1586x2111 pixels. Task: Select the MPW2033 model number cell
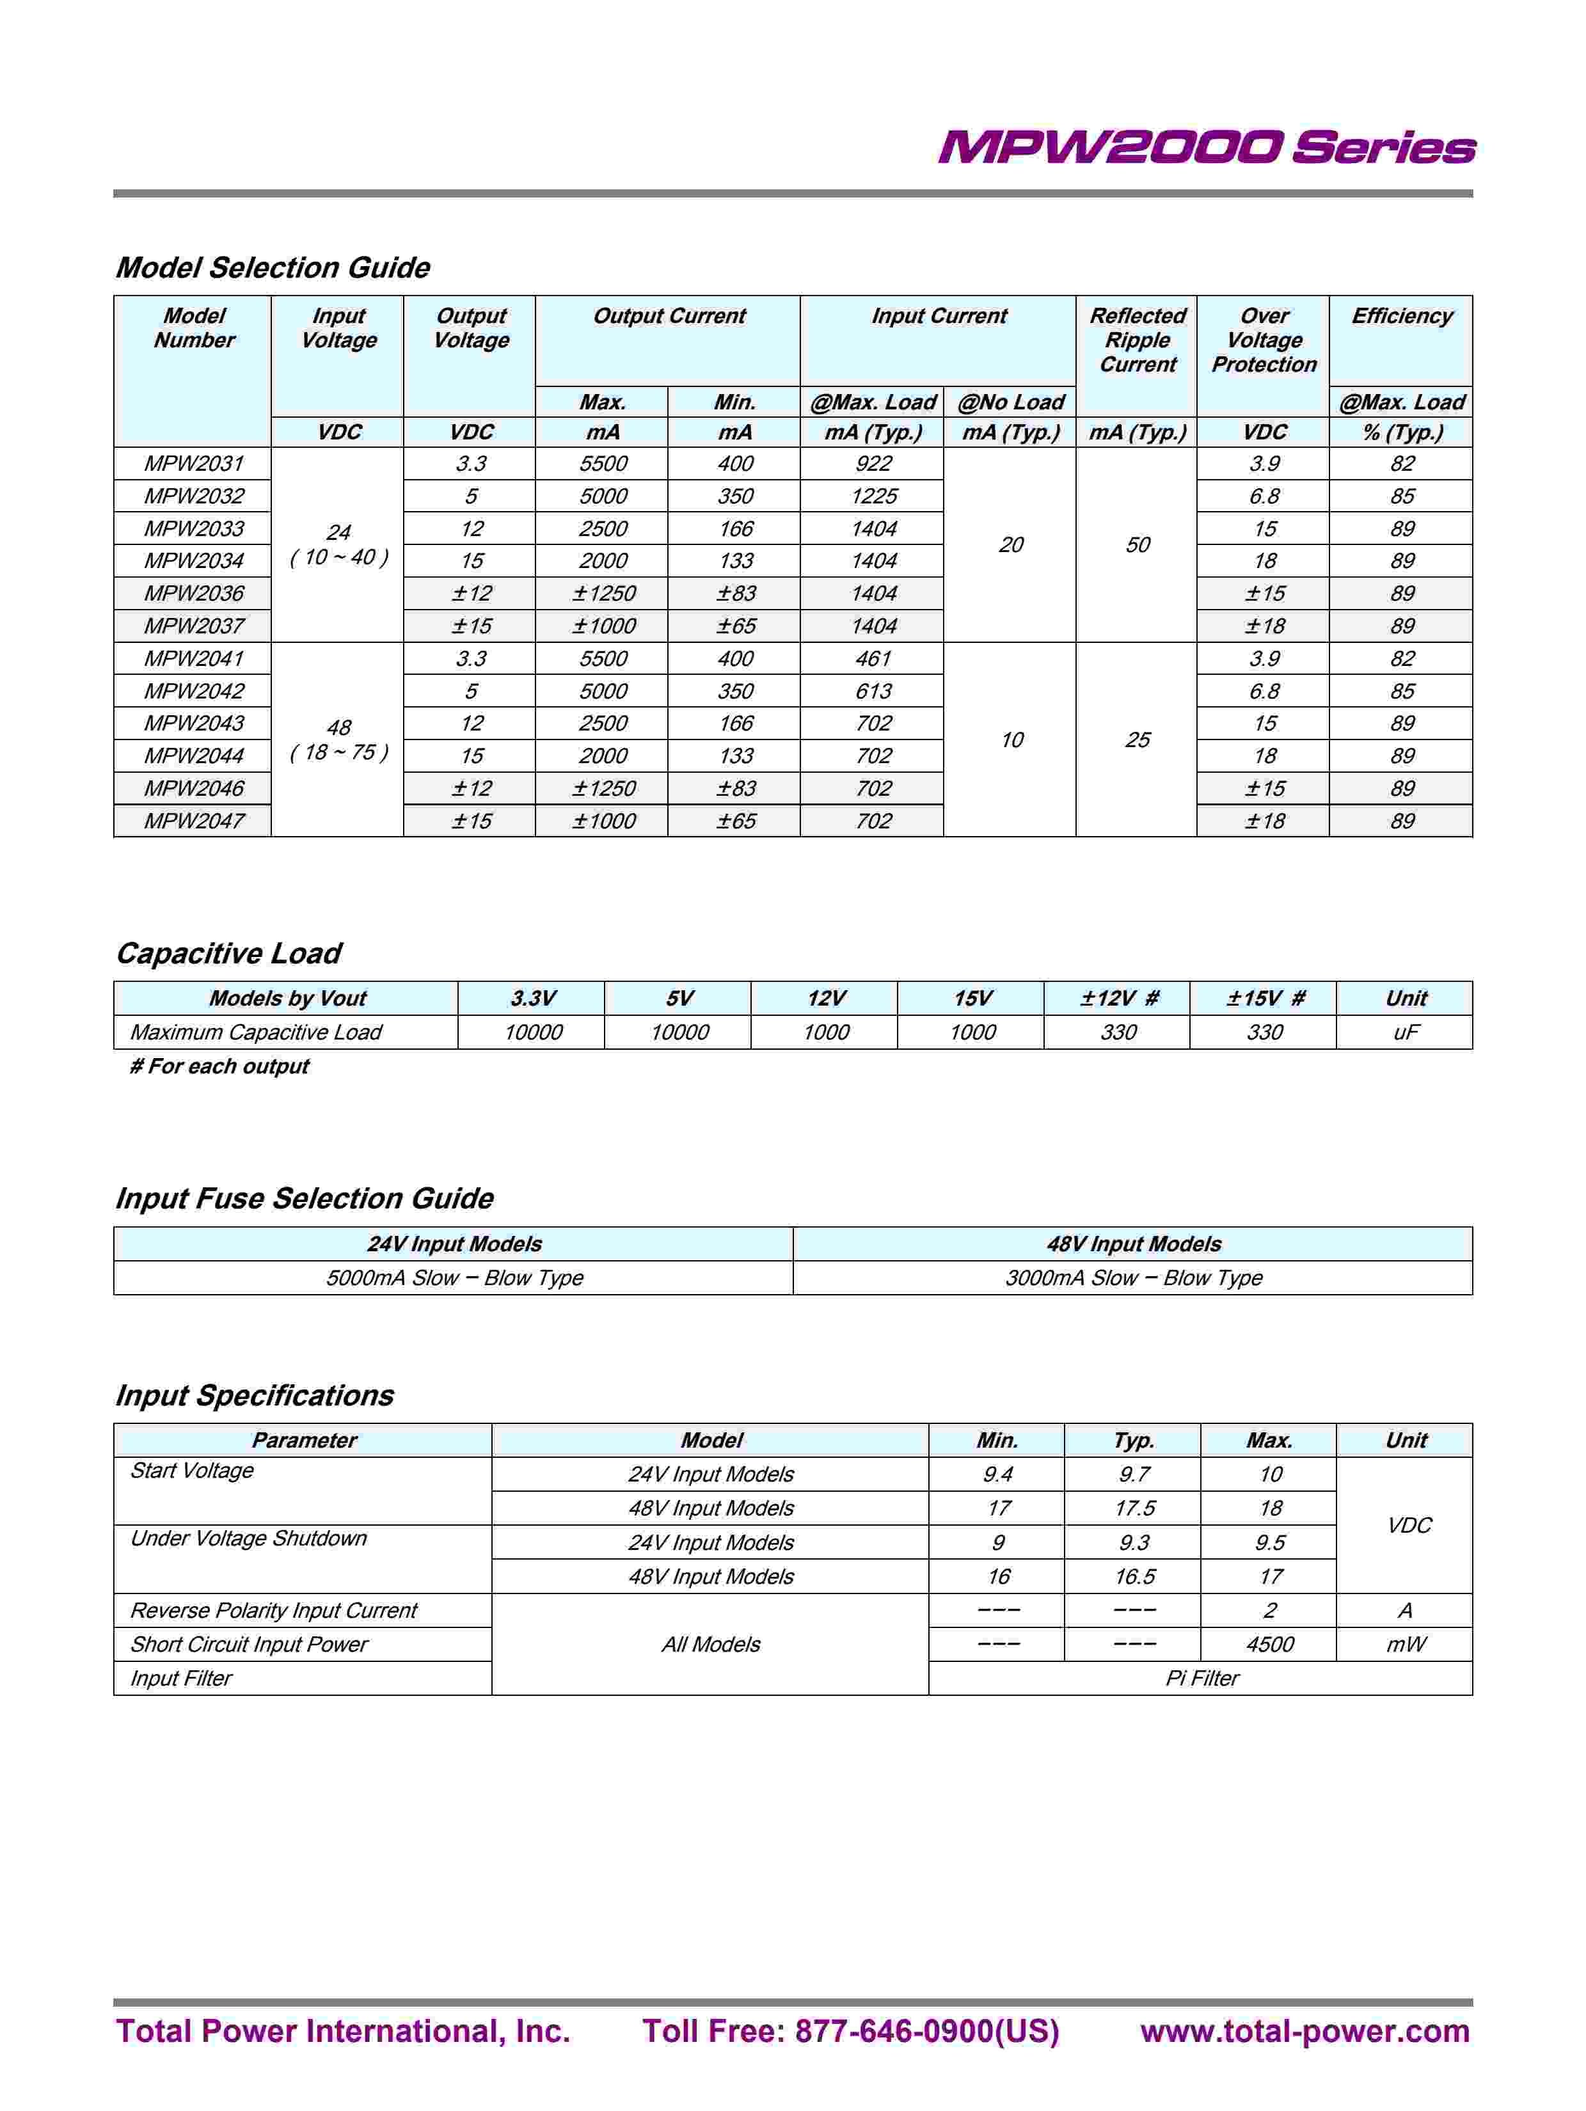(x=194, y=528)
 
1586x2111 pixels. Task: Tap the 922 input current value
(x=873, y=464)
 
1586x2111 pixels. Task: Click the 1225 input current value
(x=873, y=496)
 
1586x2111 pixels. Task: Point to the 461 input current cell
(x=873, y=658)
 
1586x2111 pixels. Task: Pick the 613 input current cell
(x=873, y=691)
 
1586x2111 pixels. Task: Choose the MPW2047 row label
(x=194, y=821)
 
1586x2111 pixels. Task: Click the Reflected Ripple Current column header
(x=1138, y=341)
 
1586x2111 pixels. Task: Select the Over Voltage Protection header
(x=1264, y=341)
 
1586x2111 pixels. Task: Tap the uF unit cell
(x=1406, y=1032)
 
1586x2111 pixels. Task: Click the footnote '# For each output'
(x=219, y=1067)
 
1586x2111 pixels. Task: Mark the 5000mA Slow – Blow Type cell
(x=454, y=1279)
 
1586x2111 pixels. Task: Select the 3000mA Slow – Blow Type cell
(x=1134, y=1279)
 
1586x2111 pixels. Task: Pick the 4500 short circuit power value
(x=1270, y=1644)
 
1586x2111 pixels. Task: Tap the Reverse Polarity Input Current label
(x=274, y=1611)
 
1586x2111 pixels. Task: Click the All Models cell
(x=711, y=1644)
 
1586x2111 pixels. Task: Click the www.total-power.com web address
(x=1304, y=2032)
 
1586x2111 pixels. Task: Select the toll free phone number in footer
(x=850, y=2032)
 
